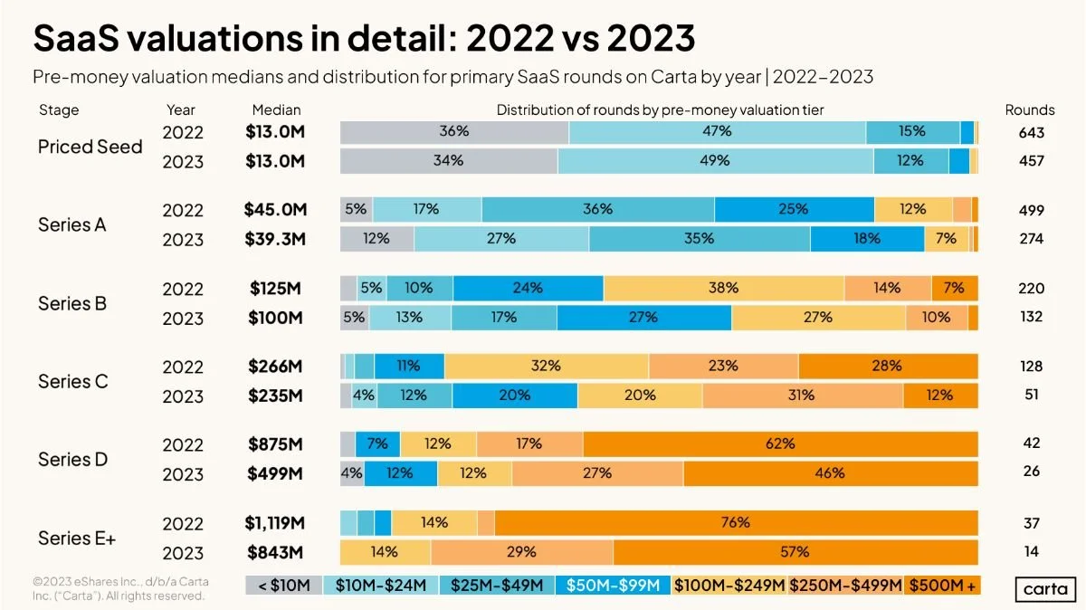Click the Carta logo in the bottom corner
click(1044, 589)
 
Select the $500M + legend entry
click(943, 586)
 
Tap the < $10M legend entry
click(284, 586)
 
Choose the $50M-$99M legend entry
click(613, 586)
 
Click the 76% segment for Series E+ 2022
click(736, 523)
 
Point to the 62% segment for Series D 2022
click(780, 444)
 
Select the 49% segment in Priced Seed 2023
click(715, 161)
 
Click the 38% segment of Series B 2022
click(724, 289)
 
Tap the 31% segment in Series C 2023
click(802, 396)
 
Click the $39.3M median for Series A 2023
click(276, 239)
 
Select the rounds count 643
click(1030, 133)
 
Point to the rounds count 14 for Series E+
click(1030, 551)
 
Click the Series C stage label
click(72, 381)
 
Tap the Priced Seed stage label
click(90, 147)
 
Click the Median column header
click(276, 110)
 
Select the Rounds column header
click(1030, 110)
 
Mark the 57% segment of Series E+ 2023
click(795, 551)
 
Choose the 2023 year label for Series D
click(183, 473)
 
